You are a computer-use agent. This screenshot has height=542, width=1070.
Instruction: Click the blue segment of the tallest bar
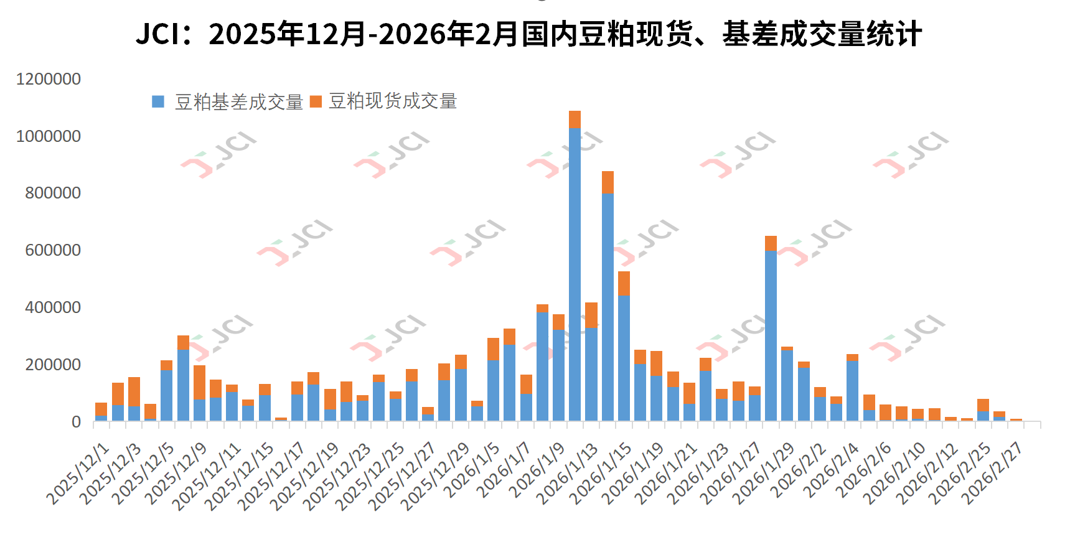coord(575,274)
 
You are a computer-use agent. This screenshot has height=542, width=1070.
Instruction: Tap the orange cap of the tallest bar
coord(575,119)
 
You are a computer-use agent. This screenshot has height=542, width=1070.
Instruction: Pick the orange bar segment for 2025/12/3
coord(134,391)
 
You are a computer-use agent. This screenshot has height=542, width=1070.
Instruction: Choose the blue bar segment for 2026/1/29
coord(787,386)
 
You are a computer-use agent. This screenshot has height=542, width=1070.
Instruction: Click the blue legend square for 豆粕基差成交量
coord(158,101)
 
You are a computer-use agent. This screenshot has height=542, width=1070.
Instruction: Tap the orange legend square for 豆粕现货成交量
coord(316,101)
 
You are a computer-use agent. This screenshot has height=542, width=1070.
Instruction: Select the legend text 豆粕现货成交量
coord(393,101)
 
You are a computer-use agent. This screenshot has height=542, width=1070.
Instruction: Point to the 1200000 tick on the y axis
coord(49,79)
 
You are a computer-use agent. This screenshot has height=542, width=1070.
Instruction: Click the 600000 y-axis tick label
coord(53,250)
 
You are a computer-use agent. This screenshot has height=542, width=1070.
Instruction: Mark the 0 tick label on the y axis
coord(76,422)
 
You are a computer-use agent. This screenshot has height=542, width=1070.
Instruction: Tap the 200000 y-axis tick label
coord(53,365)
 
